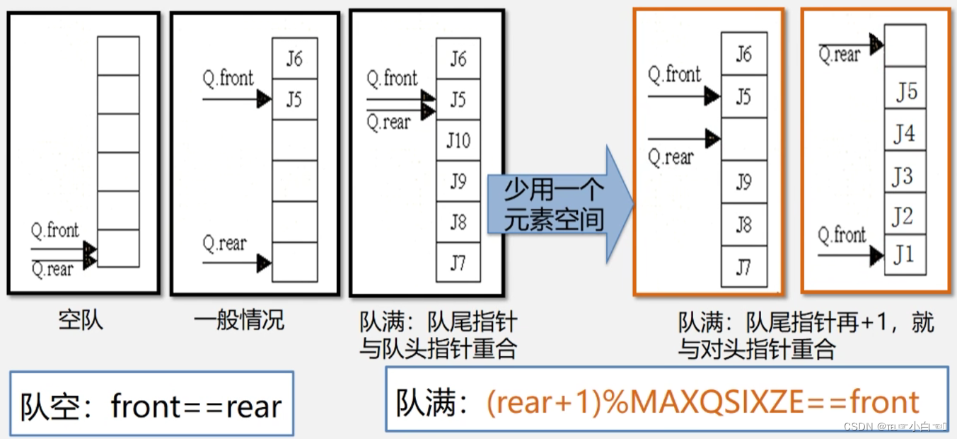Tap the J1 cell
tap(905, 253)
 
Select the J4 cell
tap(905, 134)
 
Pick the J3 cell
tap(905, 175)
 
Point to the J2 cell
tap(905, 215)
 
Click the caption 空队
tap(81, 320)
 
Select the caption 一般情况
tap(239, 320)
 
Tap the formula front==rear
tap(197, 406)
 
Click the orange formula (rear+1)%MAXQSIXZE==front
tap(703, 402)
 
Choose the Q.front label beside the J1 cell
tap(842, 235)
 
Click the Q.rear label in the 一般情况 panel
tap(225, 244)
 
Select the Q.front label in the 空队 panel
tap(54, 231)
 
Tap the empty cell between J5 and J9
tap(743, 139)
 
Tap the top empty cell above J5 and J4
tap(905, 45)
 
